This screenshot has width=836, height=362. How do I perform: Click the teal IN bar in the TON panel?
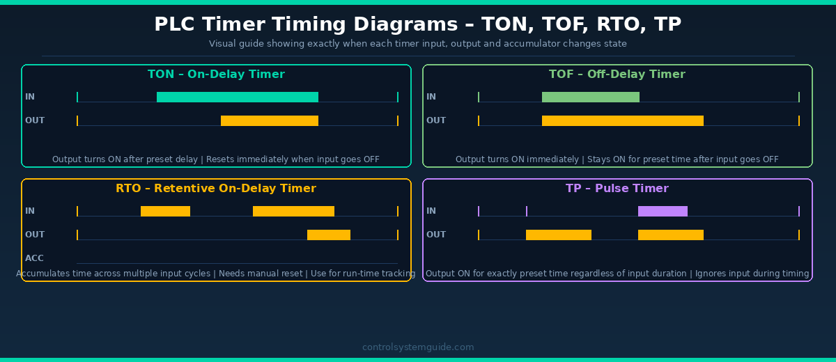coord(238,97)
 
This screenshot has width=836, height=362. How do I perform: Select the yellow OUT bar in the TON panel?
coord(270,121)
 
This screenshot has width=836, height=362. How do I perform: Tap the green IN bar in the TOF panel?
coord(591,97)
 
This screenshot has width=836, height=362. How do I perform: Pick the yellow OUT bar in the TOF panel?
coord(623,121)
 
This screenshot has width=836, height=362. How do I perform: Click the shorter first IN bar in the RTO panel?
coord(165,211)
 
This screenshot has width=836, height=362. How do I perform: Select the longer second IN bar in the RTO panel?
coord(293,211)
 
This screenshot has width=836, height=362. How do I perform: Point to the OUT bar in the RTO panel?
coord(329,235)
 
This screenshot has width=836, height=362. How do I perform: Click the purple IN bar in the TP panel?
coord(663,211)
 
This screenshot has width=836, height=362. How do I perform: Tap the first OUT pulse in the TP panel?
coord(559,235)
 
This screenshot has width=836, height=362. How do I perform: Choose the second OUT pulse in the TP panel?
coord(671,235)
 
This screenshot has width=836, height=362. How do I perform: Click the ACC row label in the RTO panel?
coord(34,258)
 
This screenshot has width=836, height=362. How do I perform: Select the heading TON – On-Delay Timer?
coord(216,74)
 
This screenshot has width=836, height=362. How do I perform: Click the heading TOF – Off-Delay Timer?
coord(617,74)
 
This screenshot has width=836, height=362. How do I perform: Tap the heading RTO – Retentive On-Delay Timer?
coord(216,188)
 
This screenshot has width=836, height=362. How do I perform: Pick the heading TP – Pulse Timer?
coord(617,188)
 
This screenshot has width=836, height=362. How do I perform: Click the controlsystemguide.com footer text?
coord(418,347)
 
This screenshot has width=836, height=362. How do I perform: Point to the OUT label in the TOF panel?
coord(436,120)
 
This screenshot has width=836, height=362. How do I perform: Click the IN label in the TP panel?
coord(431,211)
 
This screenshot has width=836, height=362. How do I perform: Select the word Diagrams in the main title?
coord(405,24)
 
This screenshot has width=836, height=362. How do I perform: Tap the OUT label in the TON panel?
coord(35,120)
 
